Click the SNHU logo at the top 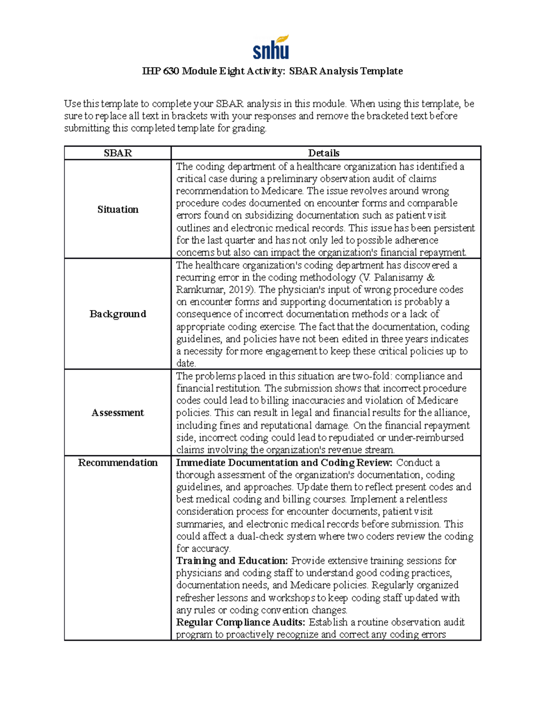click(271, 47)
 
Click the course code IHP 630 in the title click(161, 71)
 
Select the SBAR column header click(118, 153)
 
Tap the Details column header click(324, 153)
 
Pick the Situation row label click(118, 209)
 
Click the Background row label click(118, 314)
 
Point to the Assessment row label click(118, 413)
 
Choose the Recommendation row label click(118, 463)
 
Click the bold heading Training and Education click(232, 561)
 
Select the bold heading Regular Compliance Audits click(241, 622)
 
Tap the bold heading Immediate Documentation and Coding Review click(284, 463)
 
